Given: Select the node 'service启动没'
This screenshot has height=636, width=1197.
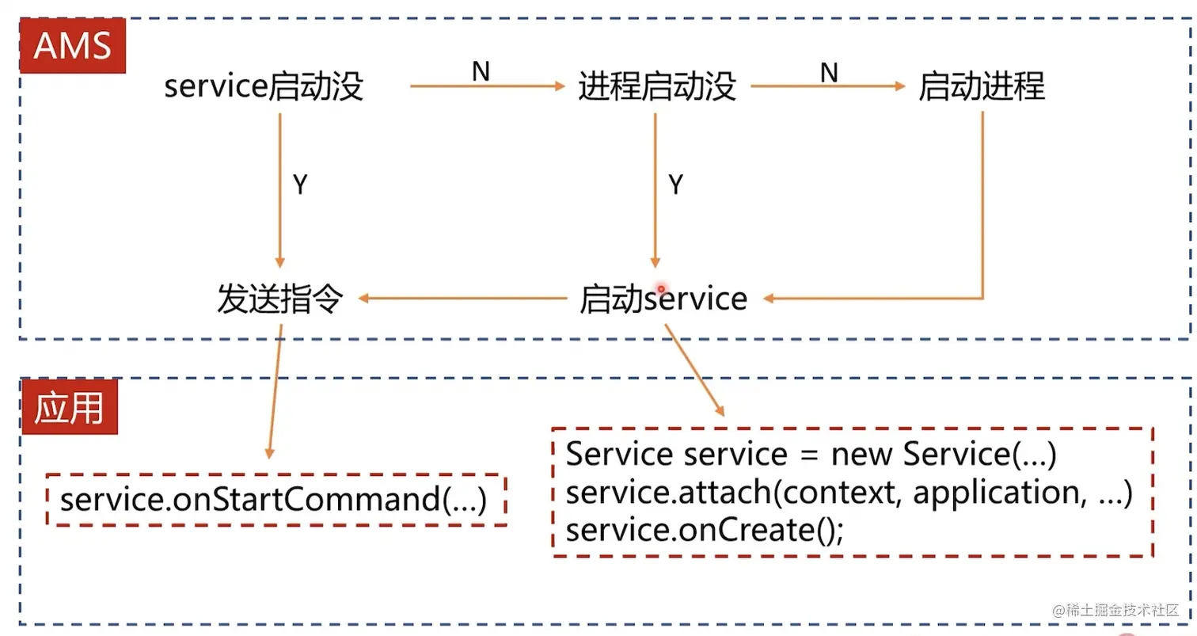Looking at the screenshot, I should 264,86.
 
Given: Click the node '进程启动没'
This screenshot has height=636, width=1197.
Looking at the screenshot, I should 657,86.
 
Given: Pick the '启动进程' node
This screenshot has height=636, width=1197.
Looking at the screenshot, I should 982,86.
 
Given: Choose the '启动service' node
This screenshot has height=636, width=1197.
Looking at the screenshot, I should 663,299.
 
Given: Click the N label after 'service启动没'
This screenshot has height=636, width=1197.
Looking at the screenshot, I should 481,72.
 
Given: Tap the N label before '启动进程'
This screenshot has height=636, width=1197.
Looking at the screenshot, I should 828,72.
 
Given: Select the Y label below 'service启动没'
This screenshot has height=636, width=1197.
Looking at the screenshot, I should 300,185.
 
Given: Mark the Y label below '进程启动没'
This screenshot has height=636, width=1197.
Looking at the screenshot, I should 675,185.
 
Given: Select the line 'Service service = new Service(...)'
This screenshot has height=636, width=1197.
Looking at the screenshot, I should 811,455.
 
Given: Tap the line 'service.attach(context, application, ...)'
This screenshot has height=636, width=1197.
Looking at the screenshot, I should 849,493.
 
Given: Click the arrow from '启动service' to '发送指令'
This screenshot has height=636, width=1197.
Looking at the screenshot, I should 463,299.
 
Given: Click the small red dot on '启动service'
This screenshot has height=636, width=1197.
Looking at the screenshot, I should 660,290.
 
